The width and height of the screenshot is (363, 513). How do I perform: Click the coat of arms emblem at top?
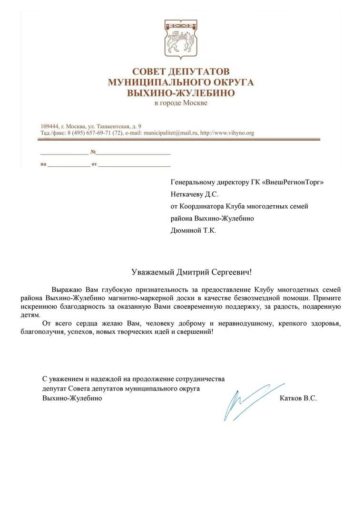181,37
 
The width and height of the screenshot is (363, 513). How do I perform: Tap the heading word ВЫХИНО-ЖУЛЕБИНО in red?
181,93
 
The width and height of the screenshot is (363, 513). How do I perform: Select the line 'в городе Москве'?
181,104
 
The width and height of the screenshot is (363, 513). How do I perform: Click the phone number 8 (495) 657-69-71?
86,133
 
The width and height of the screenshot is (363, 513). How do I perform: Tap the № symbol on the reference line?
93,152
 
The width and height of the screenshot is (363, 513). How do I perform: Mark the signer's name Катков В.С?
299,399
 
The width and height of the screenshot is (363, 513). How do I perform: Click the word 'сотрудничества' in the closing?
200,379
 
